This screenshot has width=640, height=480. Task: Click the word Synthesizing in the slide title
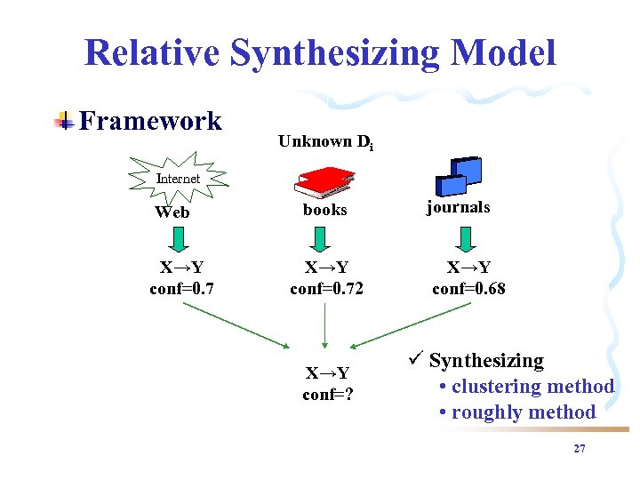[x=335, y=52]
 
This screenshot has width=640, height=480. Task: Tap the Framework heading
[x=150, y=121]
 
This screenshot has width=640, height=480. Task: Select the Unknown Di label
[x=325, y=141]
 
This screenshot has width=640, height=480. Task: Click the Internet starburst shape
[x=178, y=178]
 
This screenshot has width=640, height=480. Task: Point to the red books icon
[x=324, y=180]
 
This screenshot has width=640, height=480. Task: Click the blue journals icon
[x=459, y=176]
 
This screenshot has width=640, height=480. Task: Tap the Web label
[x=172, y=212]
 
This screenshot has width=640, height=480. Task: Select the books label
[x=325, y=211]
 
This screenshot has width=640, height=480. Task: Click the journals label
[x=458, y=207]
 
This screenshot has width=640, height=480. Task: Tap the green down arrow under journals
[x=464, y=240]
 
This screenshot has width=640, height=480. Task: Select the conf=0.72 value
[x=326, y=288]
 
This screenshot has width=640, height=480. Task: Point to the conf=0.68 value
[x=468, y=288]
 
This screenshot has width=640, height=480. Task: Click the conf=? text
[x=327, y=395]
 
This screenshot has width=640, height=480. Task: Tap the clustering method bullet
[x=526, y=387]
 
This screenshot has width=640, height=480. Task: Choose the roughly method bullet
[x=517, y=412]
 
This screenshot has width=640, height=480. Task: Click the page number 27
[x=580, y=449]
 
